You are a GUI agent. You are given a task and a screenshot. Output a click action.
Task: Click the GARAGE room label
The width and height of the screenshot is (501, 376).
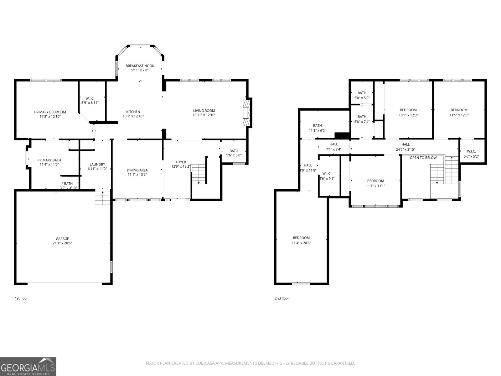63,239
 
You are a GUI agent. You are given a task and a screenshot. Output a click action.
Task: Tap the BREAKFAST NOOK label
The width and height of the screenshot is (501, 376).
140,66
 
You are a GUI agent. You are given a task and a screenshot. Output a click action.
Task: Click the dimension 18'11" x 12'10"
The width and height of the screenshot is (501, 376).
204,115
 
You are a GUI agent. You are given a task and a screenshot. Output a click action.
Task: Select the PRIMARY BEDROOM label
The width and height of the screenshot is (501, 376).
50,112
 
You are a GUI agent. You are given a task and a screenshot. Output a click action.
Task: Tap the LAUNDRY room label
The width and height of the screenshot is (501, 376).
97,164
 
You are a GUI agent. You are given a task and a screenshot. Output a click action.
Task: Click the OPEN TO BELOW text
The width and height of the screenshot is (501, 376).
423,158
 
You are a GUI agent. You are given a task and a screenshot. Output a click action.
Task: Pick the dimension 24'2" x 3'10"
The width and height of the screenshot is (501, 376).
405,149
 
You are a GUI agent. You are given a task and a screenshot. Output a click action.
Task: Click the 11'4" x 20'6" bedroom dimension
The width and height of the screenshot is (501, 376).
301,243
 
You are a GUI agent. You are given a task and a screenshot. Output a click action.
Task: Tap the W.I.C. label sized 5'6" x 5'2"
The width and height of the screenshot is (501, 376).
471,151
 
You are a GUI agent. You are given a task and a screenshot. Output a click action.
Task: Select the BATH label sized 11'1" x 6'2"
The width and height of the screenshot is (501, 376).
317,126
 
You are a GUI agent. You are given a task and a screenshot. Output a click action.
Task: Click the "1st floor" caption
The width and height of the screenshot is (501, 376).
21,298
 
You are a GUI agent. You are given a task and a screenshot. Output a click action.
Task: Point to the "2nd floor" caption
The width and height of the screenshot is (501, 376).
282,298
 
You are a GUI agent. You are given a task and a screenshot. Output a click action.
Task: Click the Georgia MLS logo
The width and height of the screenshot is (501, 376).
28,367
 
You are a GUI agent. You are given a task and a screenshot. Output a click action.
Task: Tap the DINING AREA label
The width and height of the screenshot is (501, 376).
137,170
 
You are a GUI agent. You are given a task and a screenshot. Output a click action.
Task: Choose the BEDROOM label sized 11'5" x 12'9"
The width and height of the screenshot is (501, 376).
459,110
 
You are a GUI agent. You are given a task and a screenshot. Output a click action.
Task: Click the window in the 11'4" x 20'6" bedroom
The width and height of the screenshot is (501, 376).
301,284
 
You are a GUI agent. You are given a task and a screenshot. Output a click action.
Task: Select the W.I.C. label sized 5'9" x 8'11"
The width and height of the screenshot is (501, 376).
90,98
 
